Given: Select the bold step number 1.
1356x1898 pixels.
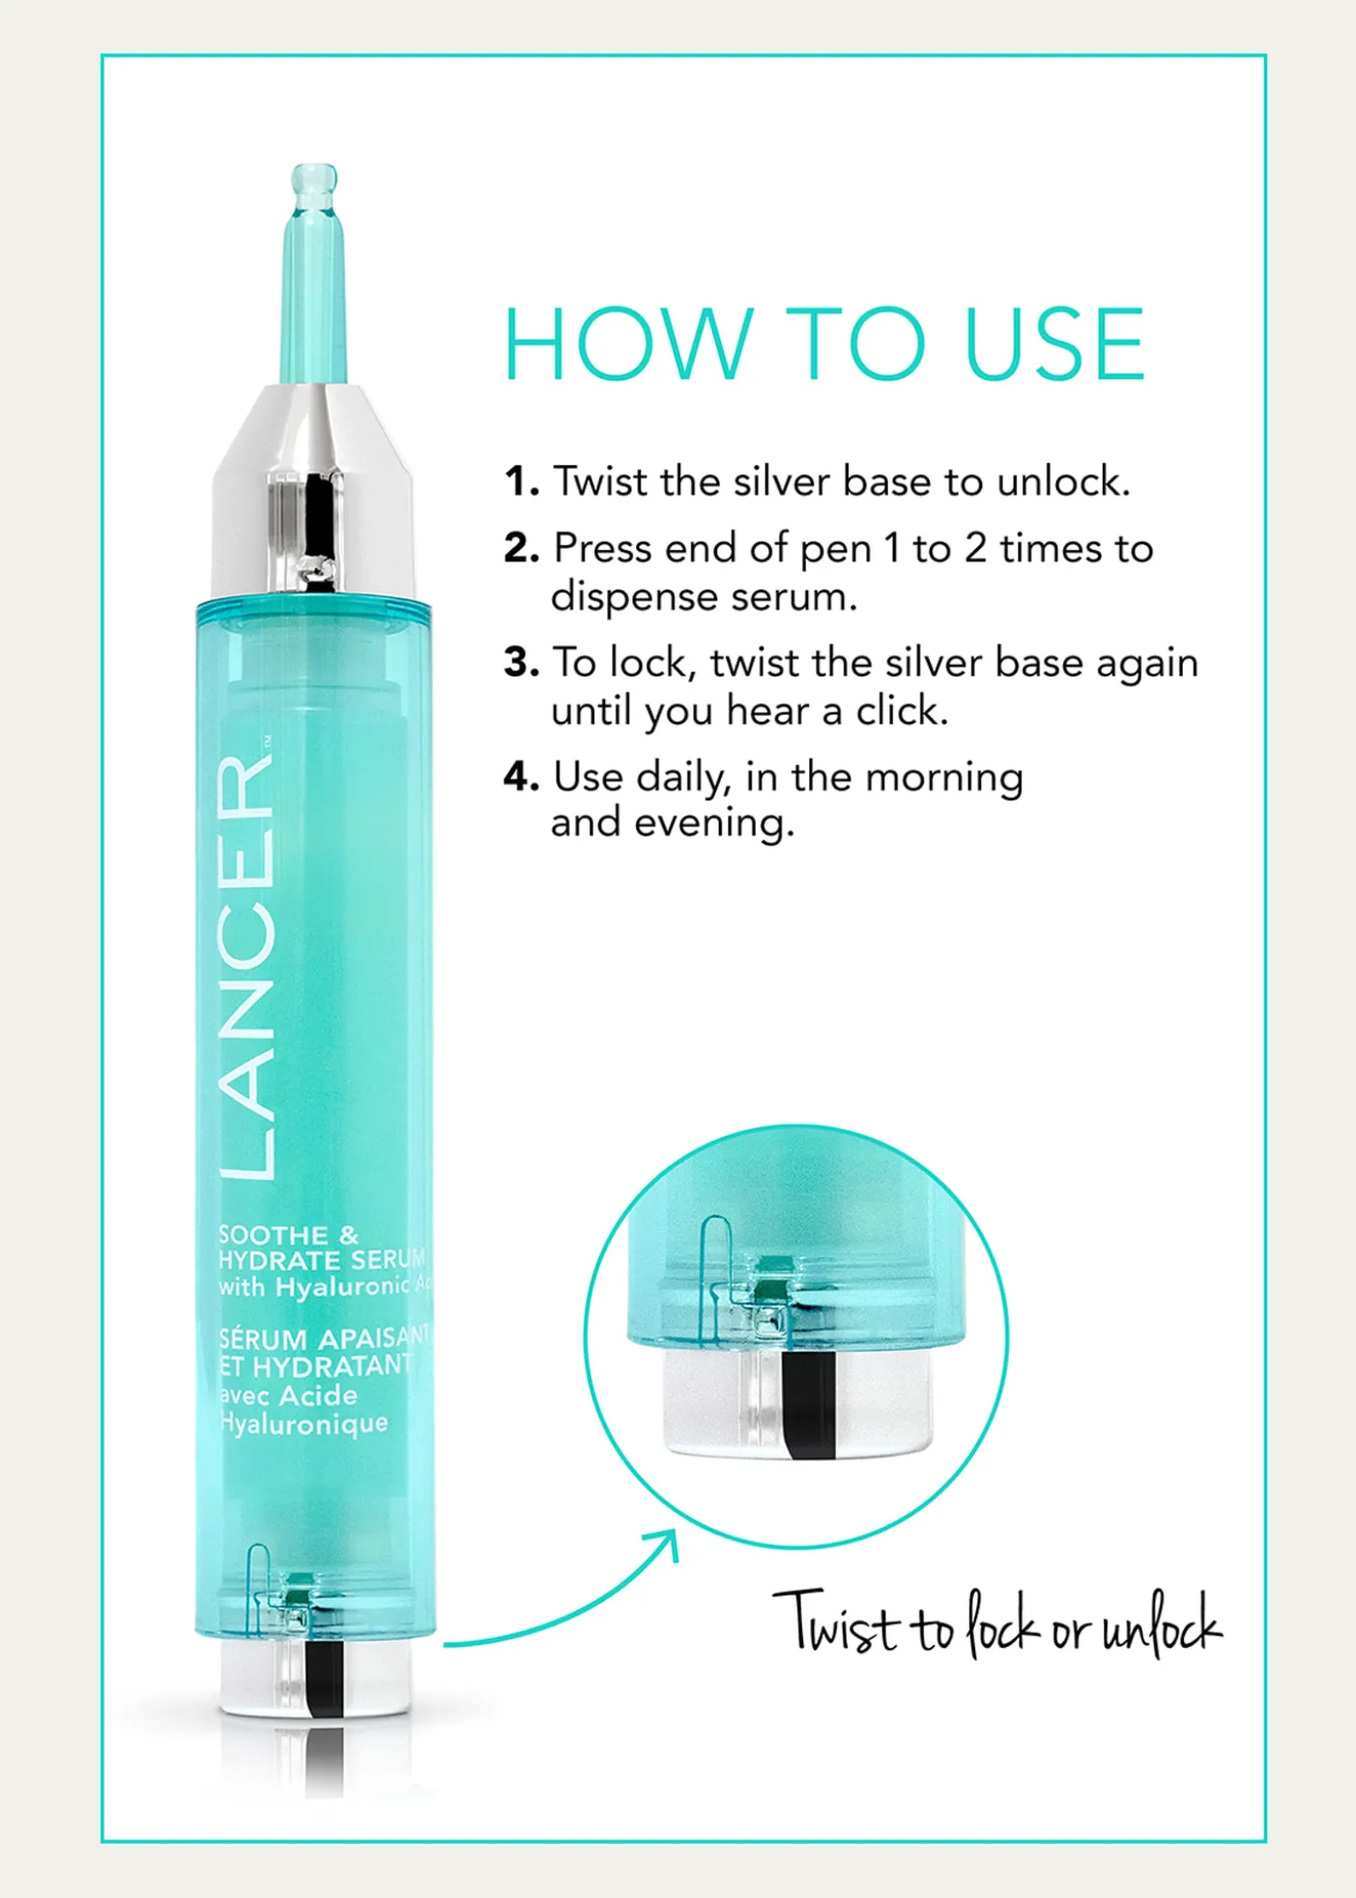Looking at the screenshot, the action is [x=521, y=481].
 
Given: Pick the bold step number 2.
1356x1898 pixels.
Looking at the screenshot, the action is [x=521, y=548].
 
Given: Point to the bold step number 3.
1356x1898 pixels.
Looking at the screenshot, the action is [x=521, y=662].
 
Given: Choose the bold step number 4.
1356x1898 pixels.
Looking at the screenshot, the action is [x=521, y=776].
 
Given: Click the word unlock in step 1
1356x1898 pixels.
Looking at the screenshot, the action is [x=1063, y=481].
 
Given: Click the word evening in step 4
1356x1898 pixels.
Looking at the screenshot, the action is [x=714, y=824].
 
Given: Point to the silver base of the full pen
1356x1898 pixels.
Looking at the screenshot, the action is [x=314, y=1679].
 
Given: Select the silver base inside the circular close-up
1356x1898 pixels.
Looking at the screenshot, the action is [x=797, y=1403].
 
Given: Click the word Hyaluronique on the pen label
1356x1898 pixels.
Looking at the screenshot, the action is [x=303, y=1423].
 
